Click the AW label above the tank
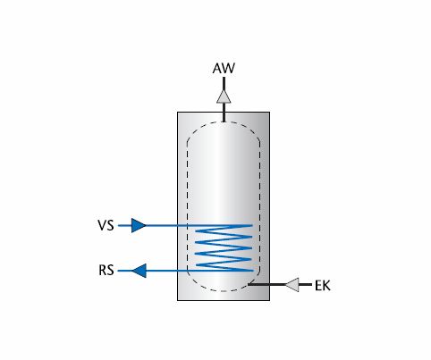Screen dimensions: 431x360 224,68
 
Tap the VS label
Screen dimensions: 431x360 106,225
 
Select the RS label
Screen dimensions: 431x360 106,271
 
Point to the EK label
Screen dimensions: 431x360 323,286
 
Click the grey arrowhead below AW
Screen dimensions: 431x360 224,96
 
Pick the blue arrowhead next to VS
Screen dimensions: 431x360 139,225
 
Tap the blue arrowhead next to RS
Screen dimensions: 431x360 139,271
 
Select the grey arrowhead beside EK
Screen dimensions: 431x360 292,285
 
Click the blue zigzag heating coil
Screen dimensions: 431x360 224,248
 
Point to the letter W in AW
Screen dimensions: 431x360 228,68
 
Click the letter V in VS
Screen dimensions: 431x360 102,225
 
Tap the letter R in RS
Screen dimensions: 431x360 103,271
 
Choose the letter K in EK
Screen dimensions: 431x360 326,286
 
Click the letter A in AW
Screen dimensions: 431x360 217,68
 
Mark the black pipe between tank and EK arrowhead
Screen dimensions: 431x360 266,285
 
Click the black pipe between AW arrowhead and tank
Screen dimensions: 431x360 224,113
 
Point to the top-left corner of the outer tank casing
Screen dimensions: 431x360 177,112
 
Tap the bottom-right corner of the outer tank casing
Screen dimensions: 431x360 270,300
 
